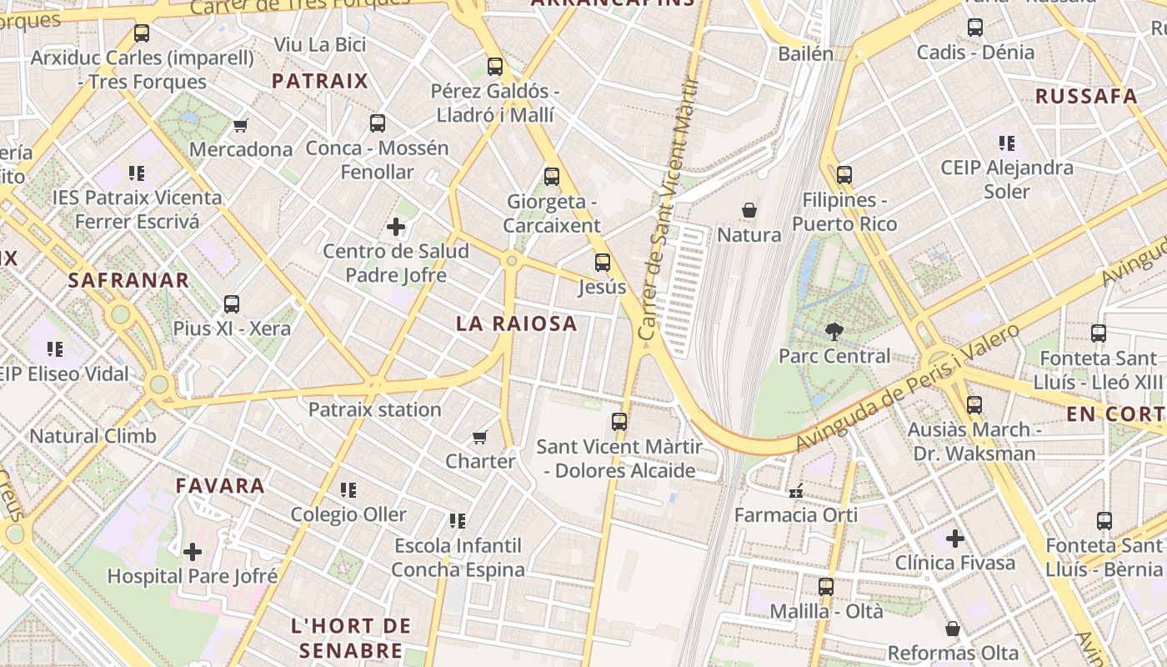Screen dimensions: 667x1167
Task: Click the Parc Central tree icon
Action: [833, 331]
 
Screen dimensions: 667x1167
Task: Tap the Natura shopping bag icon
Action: [749, 210]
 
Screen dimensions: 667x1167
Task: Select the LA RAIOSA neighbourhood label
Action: [516, 323]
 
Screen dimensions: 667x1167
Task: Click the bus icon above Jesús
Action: [602, 263]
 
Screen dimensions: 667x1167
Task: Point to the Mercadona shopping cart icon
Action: [241, 126]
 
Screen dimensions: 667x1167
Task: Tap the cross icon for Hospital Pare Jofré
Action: [193, 551]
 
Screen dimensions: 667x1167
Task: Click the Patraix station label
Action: [374, 409]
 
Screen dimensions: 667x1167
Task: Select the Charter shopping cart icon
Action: [479, 437]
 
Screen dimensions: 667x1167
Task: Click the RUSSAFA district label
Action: [1086, 96]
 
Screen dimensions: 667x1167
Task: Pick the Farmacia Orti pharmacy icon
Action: [795, 490]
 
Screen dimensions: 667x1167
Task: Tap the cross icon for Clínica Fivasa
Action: [955, 538]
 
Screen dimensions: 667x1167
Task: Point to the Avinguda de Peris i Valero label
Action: [909, 388]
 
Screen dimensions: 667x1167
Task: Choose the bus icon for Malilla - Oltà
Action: [825, 586]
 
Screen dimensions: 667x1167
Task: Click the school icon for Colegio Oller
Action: [348, 490]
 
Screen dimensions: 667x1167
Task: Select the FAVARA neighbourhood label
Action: [220, 485]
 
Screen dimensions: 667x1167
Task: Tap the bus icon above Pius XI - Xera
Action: [232, 304]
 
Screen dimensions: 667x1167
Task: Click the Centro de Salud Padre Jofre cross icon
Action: [396, 227]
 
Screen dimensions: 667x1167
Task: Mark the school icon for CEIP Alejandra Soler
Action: [1006, 143]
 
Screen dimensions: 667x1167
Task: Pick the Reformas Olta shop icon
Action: [953, 629]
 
